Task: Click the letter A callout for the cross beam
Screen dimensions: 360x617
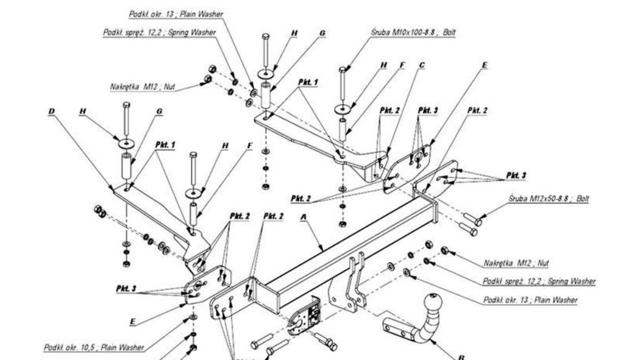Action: tap(303, 219)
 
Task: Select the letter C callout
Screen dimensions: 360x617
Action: tap(421, 65)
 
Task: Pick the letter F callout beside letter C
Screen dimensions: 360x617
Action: tap(401, 65)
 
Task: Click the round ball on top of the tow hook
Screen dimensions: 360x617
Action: tap(432, 304)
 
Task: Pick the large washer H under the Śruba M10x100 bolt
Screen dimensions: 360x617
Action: tap(342, 109)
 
